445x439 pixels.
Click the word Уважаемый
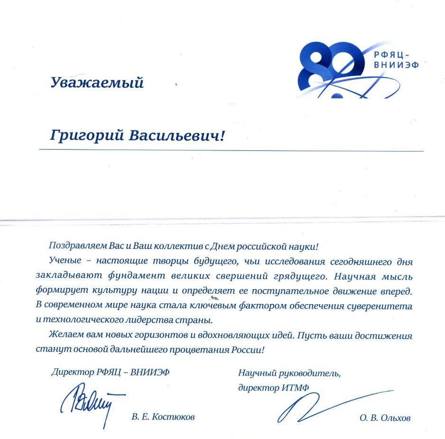tap(97, 83)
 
